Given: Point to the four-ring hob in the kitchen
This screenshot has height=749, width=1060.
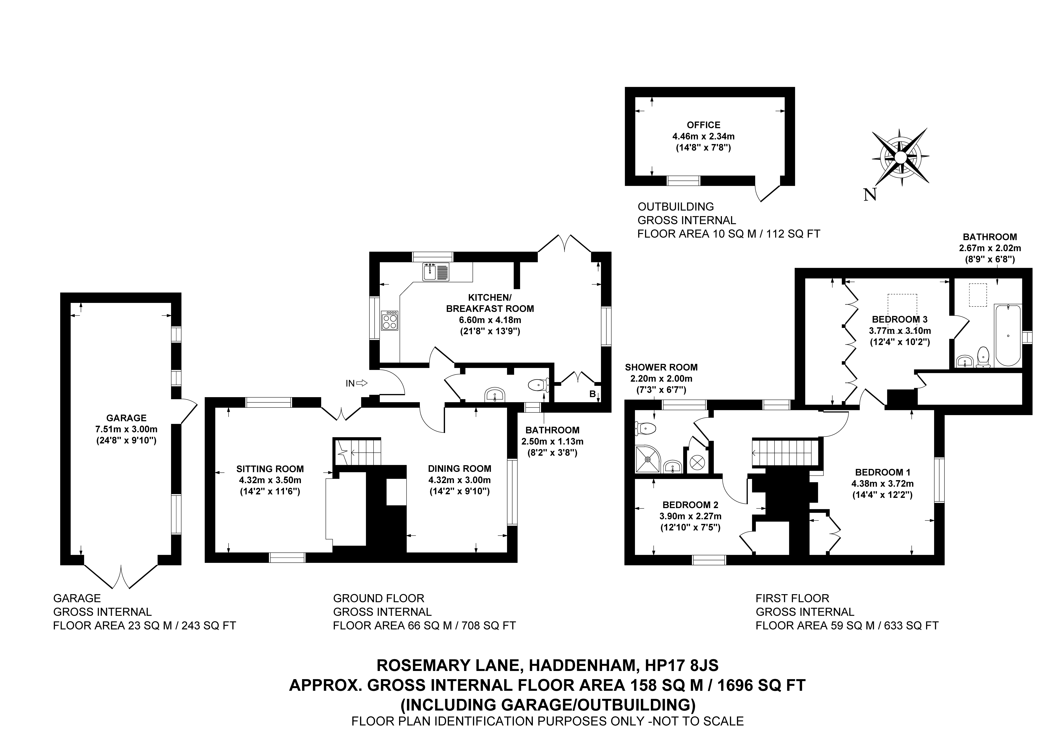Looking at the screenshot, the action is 389,321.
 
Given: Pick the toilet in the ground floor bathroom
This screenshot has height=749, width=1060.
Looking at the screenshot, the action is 538,384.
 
